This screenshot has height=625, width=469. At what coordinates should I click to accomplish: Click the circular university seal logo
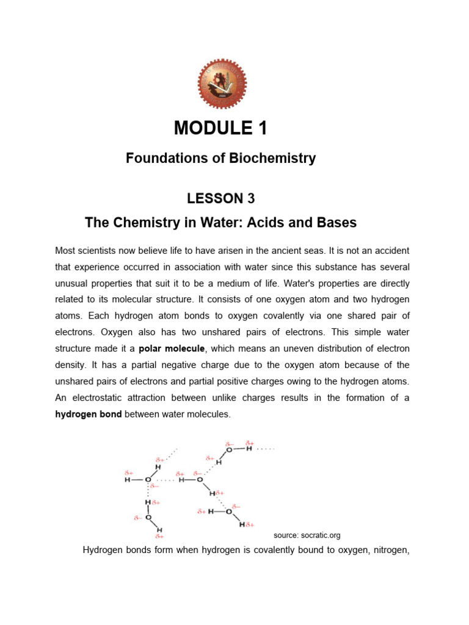coord(220,85)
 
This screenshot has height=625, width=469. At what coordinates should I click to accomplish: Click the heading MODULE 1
coord(220,128)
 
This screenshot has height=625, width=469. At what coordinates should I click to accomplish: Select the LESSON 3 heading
coord(220,198)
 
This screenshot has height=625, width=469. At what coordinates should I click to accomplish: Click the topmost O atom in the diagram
coord(229,450)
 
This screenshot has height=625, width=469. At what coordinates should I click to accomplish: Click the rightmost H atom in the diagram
coord(249,449)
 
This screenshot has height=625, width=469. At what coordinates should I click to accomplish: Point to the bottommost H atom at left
coord(159,529)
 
